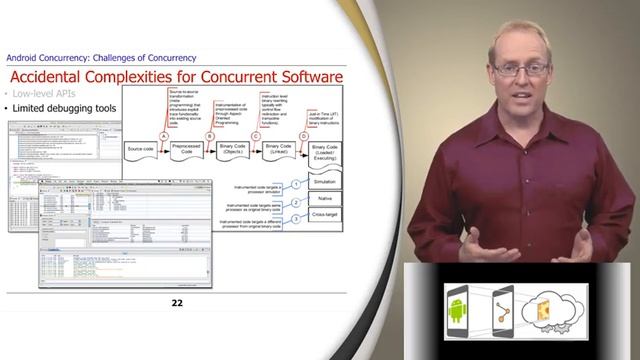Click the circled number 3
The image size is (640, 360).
[296, 216]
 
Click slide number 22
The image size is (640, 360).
[177, 303]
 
